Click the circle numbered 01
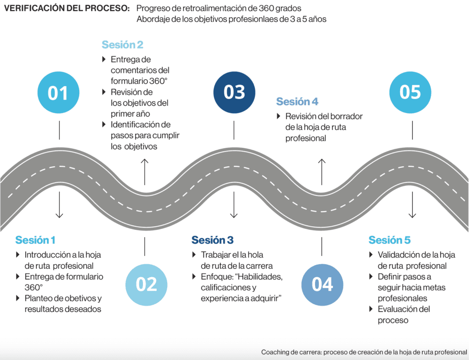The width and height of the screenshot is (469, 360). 58,93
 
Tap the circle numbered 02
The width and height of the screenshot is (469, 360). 147,284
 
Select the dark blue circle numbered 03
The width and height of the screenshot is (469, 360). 234,92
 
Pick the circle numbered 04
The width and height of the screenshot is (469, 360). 322,284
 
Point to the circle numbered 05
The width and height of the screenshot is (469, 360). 410,92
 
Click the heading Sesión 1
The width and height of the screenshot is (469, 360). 35,240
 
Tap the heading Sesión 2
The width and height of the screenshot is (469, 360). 122,44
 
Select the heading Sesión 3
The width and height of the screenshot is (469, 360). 213,240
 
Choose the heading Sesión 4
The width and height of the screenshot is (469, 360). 297,101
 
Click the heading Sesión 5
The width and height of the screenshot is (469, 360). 389,240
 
